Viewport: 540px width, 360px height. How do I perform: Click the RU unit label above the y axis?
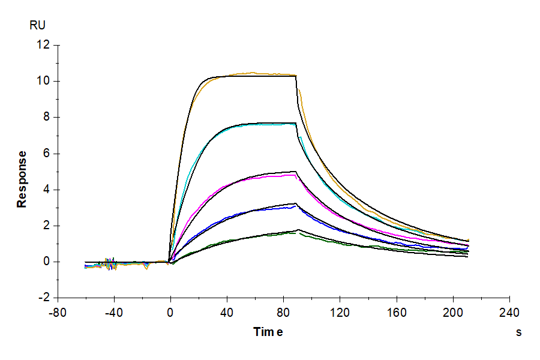37,25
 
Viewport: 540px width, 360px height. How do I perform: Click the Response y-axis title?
22,179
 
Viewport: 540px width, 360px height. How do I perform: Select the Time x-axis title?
268,332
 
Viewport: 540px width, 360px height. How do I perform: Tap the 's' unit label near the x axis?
518,332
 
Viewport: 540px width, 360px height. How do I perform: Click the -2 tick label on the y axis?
43,298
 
